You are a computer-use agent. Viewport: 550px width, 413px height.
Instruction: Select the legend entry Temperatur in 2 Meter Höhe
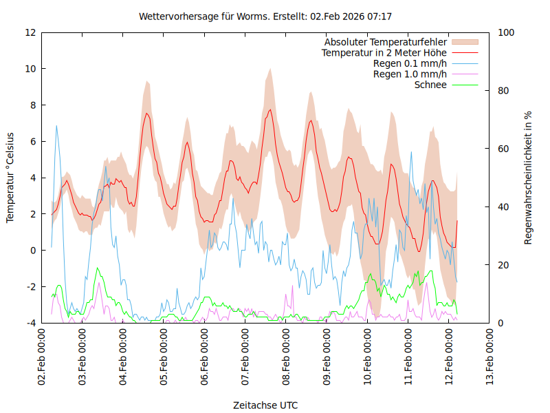point(384,52)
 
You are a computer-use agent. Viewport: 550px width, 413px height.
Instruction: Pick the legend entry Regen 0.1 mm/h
point(410,63)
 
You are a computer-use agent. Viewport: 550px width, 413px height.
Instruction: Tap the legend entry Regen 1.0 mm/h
point(410,74)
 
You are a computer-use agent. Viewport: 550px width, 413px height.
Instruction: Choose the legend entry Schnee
point(430,85)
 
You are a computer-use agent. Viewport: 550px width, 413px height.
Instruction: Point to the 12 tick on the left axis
point(30,32)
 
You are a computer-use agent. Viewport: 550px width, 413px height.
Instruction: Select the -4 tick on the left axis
point(30,323)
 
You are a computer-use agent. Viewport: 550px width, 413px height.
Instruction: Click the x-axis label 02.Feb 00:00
point(43,357)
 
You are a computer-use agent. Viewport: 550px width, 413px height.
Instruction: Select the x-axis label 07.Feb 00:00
point(245,357)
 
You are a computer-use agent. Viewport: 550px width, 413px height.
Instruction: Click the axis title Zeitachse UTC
point(265,405)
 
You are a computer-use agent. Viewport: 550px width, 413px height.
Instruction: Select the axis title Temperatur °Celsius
point(10,177)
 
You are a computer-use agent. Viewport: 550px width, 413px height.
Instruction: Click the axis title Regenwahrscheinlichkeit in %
point(529,177)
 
